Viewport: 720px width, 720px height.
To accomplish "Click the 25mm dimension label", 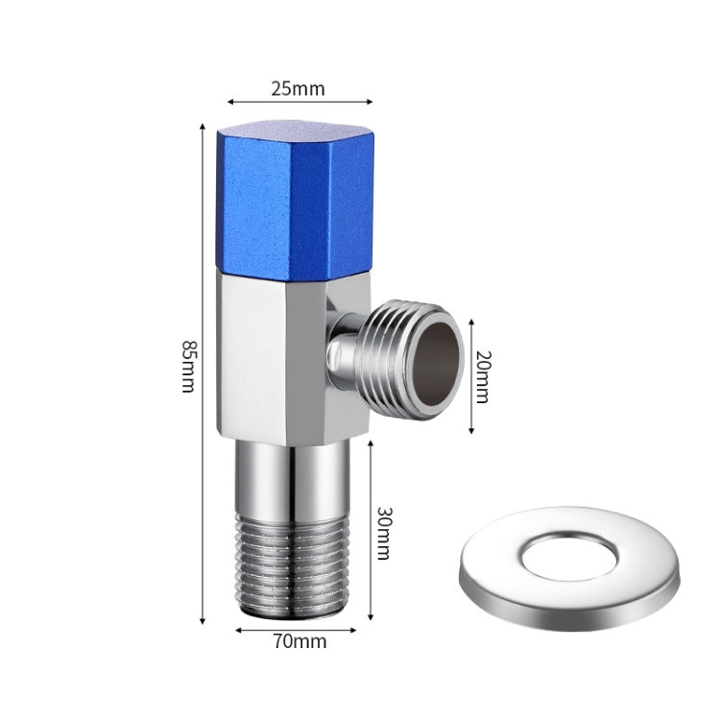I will (x=297, y=89).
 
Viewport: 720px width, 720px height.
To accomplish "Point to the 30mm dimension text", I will (x=384, y=533).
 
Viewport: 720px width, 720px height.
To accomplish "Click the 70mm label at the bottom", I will (x=297, y=639).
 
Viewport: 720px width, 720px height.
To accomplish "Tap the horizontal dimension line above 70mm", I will (x=296, y=629).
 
